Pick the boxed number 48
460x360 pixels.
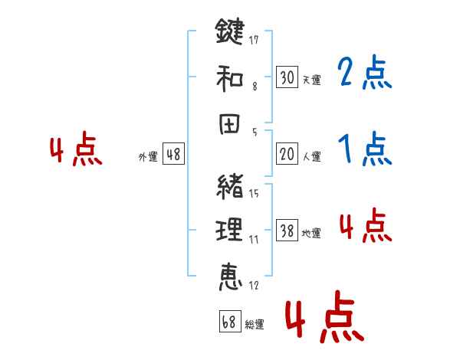(173, 154)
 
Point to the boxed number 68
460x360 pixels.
(228, 322)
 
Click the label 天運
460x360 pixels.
(311, 80)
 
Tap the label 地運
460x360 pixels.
(311, 233)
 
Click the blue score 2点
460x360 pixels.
(364, 74)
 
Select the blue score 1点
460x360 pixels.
(364, 149)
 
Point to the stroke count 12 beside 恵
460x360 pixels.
(254, 286)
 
